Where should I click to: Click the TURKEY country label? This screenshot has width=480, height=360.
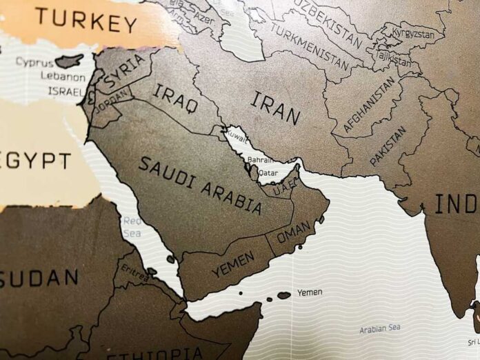click(x=86, y=20)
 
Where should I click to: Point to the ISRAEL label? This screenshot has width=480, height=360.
click(x=66, y=90)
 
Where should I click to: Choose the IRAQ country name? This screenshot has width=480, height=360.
click(x=175, y=97)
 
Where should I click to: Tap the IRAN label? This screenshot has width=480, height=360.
click(x=275, y=108)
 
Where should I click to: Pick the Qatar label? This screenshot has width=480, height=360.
click(x=269, y=173)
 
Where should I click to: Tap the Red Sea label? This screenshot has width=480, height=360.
click(x=132, y=227)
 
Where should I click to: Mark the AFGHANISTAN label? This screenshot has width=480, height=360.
click(x=370, y=104)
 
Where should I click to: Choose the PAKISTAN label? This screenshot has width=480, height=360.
click(x=388, y=146)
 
